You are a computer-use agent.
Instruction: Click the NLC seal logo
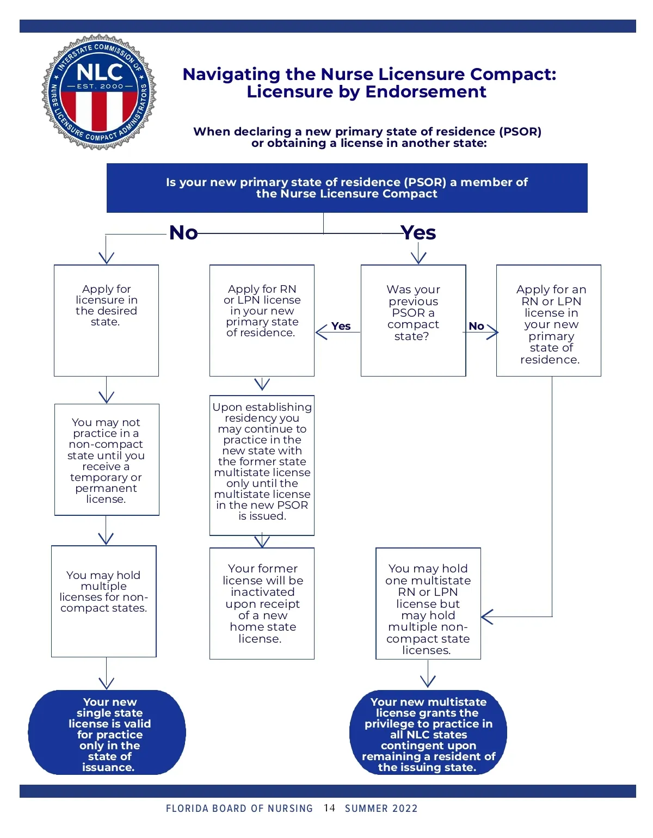[99, 93]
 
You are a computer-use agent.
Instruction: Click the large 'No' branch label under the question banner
[183, 233]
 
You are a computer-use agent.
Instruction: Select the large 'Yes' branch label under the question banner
[418, 233]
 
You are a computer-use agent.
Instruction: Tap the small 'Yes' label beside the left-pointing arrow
[341, 326]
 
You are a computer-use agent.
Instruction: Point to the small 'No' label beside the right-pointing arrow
[476, 326]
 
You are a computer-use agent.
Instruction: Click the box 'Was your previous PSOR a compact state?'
[414, 321]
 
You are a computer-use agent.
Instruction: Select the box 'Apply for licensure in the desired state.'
[106, 321]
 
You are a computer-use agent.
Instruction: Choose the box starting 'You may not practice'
[107, 460]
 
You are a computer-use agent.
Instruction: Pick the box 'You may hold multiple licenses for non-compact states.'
[104, 601]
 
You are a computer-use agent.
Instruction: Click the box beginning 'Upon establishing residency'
[262, 465]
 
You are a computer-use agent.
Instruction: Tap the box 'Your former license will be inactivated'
[262, 603]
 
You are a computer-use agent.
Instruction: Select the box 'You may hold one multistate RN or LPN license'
[428, 603]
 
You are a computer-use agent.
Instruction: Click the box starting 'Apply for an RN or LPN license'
[549, 321]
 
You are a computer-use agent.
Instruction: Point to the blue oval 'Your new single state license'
[107, 733]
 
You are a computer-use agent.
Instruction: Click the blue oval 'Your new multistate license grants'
[428, 733]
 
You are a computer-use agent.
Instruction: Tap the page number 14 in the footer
[329, 808]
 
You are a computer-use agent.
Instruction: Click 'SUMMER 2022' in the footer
[381, 809]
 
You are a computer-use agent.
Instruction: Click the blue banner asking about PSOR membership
[347, 188]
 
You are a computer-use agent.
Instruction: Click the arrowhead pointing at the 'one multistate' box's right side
[487, 617]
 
